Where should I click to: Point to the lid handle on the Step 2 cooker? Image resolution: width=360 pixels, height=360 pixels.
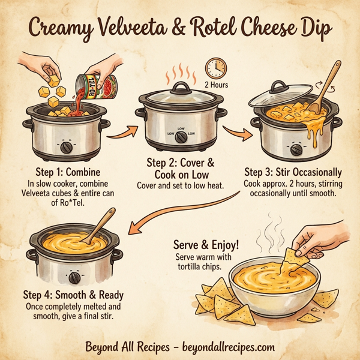click(179, 88)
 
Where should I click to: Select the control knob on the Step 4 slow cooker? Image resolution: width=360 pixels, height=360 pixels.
click(75, 277)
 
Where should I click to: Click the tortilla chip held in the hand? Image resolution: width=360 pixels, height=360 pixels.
click(293, 258)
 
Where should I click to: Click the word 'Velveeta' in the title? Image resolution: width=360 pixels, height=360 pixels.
click(143, 27)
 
